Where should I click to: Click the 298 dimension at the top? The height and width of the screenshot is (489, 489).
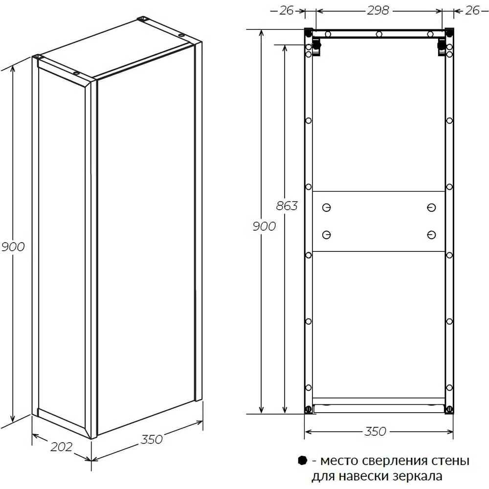[378, 11]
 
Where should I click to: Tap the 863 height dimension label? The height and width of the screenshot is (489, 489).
[287, 206]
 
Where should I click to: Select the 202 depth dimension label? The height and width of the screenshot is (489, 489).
[62, 446]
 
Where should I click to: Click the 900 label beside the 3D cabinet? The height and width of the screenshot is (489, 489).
[13, 246]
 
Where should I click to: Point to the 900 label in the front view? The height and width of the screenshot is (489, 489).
[264, 226]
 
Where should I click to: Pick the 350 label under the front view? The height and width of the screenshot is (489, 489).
[375, 431]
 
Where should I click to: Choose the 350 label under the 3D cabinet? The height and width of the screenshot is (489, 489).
[152, 439]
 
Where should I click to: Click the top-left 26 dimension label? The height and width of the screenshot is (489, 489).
[286, 11]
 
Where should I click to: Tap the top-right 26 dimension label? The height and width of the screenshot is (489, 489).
[472, 11]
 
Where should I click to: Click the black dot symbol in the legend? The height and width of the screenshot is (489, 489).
[303, 460]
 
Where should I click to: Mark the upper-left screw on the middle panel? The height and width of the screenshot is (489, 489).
[327, 207]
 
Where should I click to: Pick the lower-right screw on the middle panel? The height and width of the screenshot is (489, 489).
[431, 235]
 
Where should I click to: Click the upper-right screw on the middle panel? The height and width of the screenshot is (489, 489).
[431, 207]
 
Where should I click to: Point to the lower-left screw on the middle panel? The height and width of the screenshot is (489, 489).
[327, 235]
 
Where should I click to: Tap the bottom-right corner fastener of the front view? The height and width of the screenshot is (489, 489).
[449, 409]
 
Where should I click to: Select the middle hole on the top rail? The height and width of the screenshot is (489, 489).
[379, 34]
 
